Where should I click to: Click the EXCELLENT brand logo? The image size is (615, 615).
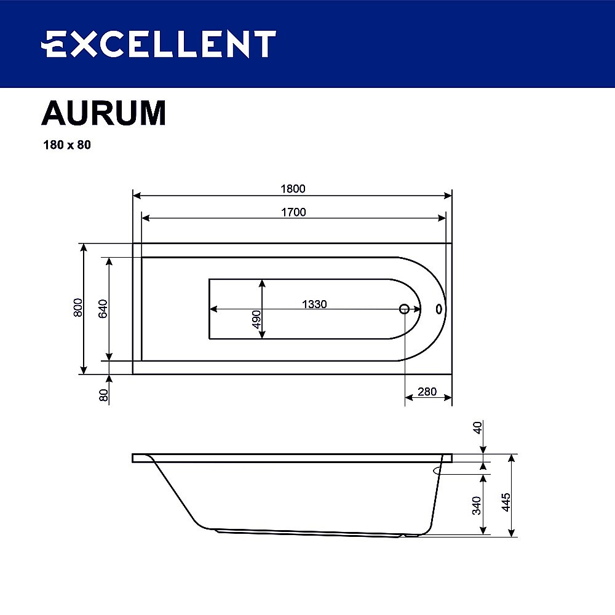tap(158, 44)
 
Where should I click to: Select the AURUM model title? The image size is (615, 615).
tap(103, 113)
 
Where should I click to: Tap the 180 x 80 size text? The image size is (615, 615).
tap(66, 146)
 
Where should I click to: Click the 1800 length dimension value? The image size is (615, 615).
tap(293, 189)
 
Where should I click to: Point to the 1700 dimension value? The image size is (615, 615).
tap(293, 212)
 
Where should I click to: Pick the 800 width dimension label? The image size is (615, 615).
tap(77, 307)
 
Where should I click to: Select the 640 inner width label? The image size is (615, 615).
tap(103, 307)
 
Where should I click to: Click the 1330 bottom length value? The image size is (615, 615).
tap(314, 304)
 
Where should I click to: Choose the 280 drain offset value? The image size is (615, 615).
tap(427, 392)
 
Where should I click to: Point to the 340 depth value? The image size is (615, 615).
tap(477, 504)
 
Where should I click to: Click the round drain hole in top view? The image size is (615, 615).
tap(404, 309)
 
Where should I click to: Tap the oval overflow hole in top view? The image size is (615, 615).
tap(439, 309)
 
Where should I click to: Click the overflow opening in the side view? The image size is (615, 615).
tap(437, 470)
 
